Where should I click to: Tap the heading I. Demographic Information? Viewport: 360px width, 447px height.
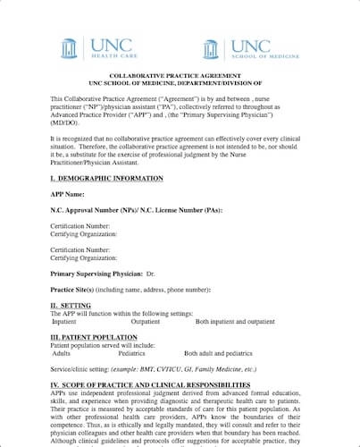106,178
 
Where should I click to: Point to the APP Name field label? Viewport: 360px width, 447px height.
68,193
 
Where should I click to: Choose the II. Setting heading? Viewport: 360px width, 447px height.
71,305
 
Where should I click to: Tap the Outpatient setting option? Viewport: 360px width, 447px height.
146,320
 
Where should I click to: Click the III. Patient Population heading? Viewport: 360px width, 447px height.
93,336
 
